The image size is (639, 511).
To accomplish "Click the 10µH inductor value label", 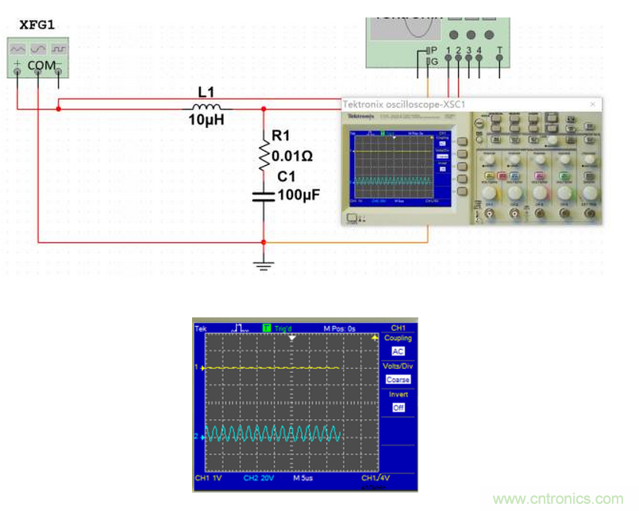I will [206, 120].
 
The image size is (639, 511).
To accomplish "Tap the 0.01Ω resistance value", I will [292, 156].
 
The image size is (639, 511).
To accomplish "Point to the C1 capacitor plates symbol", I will [264, 195].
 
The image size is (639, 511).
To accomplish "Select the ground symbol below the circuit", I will [264, 263].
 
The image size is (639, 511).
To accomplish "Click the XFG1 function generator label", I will [41, 27].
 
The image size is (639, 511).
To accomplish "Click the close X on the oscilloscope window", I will [591, 105].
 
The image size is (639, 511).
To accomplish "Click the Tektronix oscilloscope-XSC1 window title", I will [403, 105].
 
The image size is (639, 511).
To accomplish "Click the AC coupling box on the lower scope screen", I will [398, 351].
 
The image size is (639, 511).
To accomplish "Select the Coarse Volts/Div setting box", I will [398, 379].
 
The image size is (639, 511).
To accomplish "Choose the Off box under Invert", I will [398, 408].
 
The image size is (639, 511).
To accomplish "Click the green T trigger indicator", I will [267, 327].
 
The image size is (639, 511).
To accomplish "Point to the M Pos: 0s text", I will [339, 328].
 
